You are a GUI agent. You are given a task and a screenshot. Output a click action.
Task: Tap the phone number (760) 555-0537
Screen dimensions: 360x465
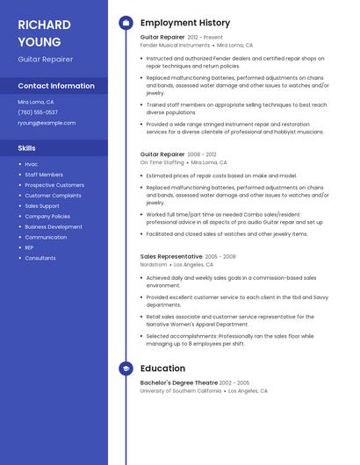click(x=38, y=112)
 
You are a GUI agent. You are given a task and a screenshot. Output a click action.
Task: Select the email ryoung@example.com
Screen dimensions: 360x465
click(x=47, y=123)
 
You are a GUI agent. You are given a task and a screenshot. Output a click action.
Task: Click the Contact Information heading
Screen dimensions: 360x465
click(x=56, y=86)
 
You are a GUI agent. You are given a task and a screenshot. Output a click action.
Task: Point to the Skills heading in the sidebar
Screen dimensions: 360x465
click(x=27, y=148)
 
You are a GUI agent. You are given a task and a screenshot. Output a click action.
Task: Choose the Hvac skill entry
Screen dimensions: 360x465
click(x=31, y=164)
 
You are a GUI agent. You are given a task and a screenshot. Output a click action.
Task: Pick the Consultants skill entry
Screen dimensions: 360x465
click(x=40, y=258)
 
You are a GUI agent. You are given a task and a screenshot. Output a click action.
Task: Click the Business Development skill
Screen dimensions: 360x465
click(x=54, y=226)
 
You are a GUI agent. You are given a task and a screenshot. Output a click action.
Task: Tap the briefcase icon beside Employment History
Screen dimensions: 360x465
click(x=126, y=23)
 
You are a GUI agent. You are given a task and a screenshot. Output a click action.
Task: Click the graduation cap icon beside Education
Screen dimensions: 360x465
click(x=126, y=368)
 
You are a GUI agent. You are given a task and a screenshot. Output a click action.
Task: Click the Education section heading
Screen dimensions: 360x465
click(x=162, y=368)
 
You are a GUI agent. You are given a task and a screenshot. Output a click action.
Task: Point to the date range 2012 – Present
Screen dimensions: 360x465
click(x=205, y=38)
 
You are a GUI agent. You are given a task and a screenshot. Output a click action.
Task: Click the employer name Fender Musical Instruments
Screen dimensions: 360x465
click(x=176, y=45)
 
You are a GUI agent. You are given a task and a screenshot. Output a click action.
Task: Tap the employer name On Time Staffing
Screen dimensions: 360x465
click(x=162, y=162)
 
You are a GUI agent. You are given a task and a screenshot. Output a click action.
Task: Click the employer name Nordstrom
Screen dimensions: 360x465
click(x=154, y=264)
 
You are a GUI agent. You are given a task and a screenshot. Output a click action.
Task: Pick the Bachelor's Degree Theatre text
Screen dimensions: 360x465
click(x=179, y=383)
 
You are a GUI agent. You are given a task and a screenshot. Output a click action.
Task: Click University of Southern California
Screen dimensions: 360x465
click(x=181, y=390)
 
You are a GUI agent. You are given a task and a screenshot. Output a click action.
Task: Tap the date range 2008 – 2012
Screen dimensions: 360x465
click(x=201, y=154)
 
